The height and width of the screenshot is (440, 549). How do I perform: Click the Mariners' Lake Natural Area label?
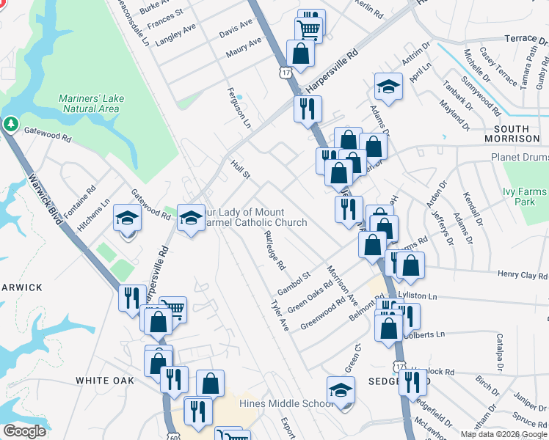89,103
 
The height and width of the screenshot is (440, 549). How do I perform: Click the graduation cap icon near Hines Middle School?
341,390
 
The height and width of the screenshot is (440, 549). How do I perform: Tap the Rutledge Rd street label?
274,249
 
